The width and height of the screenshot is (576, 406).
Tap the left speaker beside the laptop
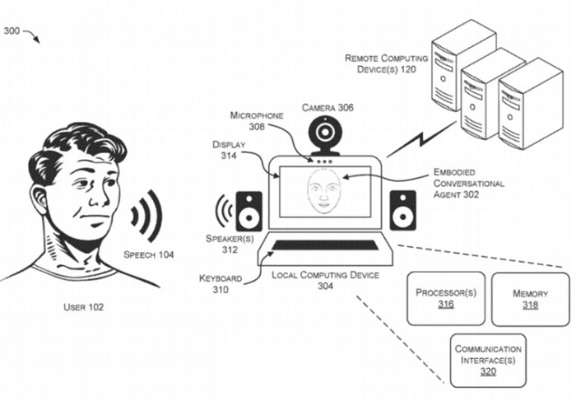coord(249,211)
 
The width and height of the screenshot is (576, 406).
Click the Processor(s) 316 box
coord(446,298)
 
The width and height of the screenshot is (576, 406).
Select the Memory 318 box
coord(530,298)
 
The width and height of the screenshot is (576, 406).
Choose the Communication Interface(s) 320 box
coord(487,359)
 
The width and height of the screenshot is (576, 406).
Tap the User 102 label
coord(84,308)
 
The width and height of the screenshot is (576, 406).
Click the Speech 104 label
coord(149,254)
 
